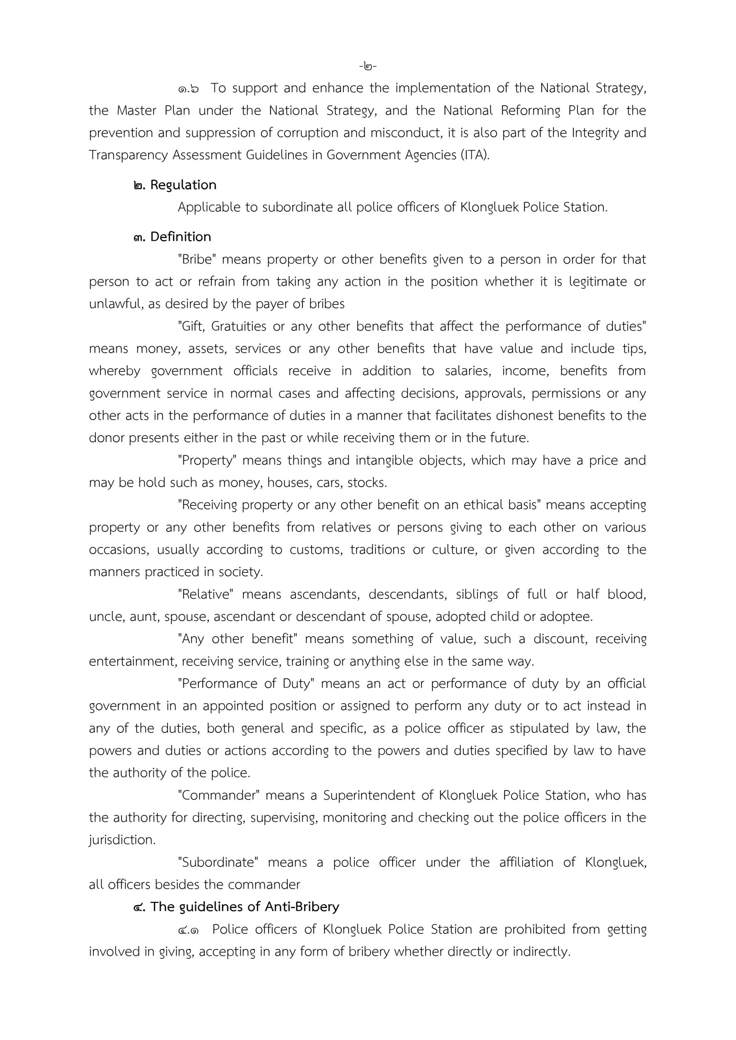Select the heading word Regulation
coord(183,185)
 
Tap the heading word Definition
coord(180,237)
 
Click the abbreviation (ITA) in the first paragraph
coord(475,155)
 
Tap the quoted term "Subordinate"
coord(217,862)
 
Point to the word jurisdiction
coord(122,840)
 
